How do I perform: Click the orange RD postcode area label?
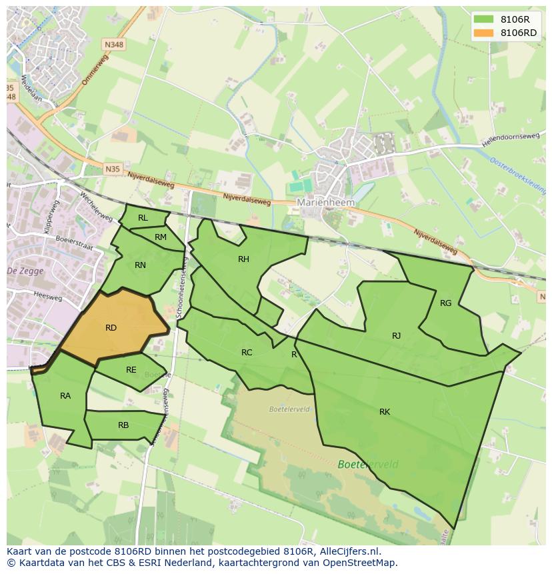click(111, 327)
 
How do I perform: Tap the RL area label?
click(143, 218)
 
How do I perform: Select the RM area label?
click(161, 237)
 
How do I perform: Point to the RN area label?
click(140, 265)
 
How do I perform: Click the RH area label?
click(243, 259)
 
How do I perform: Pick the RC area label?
click(247, 353)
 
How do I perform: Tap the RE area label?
click(131, 370)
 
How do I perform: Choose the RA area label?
click(65, 396)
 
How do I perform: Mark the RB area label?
click(123, 425)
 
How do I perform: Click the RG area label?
click(445, 303)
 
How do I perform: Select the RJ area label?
click(397, 336)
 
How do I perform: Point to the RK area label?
click(385, 412)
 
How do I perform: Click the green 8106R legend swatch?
click(484, 19)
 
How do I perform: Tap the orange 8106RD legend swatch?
click(484, 33)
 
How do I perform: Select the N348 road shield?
click(113, 45)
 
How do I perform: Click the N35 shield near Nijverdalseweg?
click(113, 169)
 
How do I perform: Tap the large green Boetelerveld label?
click(368, 465)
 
